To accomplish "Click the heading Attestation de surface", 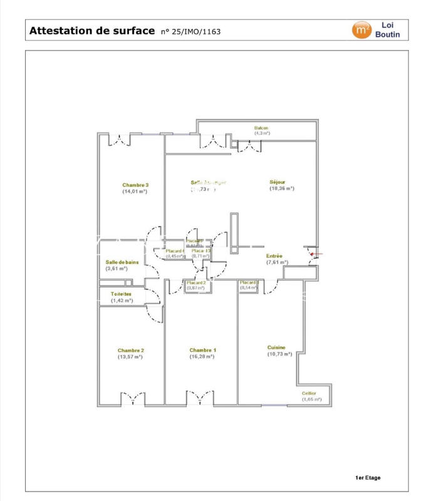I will pyautogui.click(x=92, y=30).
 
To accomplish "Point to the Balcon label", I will pyautogui.click(x=261, y=128).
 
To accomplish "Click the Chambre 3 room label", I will pyautogui.click(x=135, y=185).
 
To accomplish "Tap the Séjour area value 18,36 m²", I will pyautogui.click(x=282, y=188).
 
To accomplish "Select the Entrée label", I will pyautogui.click(x=274, y=256).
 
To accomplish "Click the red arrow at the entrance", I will pyautogui.click(x=316, y=254).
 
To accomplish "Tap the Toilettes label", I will pyautogui.click(x=121, y=294).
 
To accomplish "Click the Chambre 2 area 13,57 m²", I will pyautogui.click(x=130, y=357).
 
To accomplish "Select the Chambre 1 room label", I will pyautogui.click(x=202, y=350).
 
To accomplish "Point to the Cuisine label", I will pyautogui.click(x=276, y=348).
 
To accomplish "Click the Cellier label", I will pyautogui.click(x=309, y=393).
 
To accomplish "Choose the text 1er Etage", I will pyautogui.click(x=368, y=478).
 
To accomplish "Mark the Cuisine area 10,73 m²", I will pyautogui.click(x=280, y=354).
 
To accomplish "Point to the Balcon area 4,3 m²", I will pyautogui.click(x=262, y=133).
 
